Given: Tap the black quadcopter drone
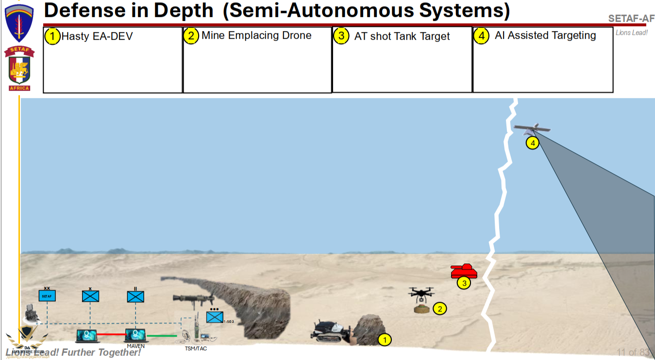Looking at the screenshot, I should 421,293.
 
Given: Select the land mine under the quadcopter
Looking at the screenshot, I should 421,309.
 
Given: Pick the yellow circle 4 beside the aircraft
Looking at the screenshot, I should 533,143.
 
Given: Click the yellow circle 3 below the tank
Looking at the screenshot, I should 464,283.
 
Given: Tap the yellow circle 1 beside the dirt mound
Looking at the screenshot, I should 385,340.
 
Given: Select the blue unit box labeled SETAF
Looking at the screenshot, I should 47,295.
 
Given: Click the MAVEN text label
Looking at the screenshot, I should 135,346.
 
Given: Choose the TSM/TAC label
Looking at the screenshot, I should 196,348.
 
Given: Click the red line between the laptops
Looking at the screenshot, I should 112,334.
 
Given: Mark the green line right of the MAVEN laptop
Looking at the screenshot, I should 162,335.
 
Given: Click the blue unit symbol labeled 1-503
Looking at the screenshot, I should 215,317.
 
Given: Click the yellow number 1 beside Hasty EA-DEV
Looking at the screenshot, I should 52,36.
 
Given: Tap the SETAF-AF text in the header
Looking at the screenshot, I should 631,19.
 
